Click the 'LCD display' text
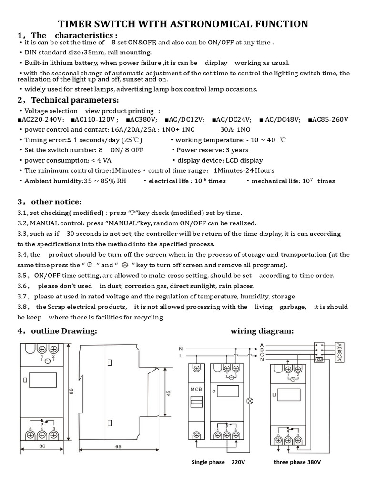241,160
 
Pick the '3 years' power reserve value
236,150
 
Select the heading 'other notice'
56,202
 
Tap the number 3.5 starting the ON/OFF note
23,276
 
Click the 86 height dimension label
71,391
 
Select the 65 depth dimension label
118,447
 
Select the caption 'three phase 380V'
297,462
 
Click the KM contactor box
320,360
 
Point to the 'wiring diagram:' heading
262,331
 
